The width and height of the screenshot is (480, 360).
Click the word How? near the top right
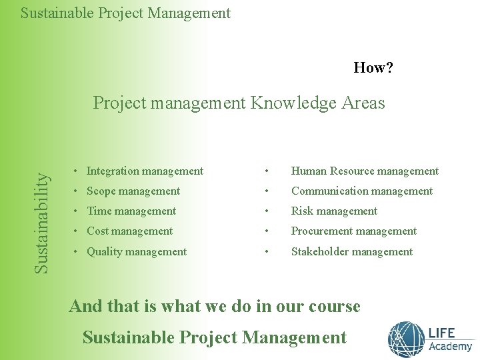373,67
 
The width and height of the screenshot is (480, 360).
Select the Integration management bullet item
145,171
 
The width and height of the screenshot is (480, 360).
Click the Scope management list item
133,191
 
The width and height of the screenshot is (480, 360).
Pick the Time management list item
131,211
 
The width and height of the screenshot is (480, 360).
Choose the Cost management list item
129,231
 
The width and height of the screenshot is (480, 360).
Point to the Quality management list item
137,252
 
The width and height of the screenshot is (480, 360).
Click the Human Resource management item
365,171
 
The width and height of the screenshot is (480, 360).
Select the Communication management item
362,191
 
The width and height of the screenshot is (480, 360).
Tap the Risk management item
334,211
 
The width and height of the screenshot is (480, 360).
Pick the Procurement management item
354,231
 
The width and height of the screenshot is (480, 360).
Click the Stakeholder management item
352,252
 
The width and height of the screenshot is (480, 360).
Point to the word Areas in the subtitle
363,103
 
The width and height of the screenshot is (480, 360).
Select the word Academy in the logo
450,347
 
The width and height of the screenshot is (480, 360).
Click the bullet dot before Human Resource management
267,171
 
